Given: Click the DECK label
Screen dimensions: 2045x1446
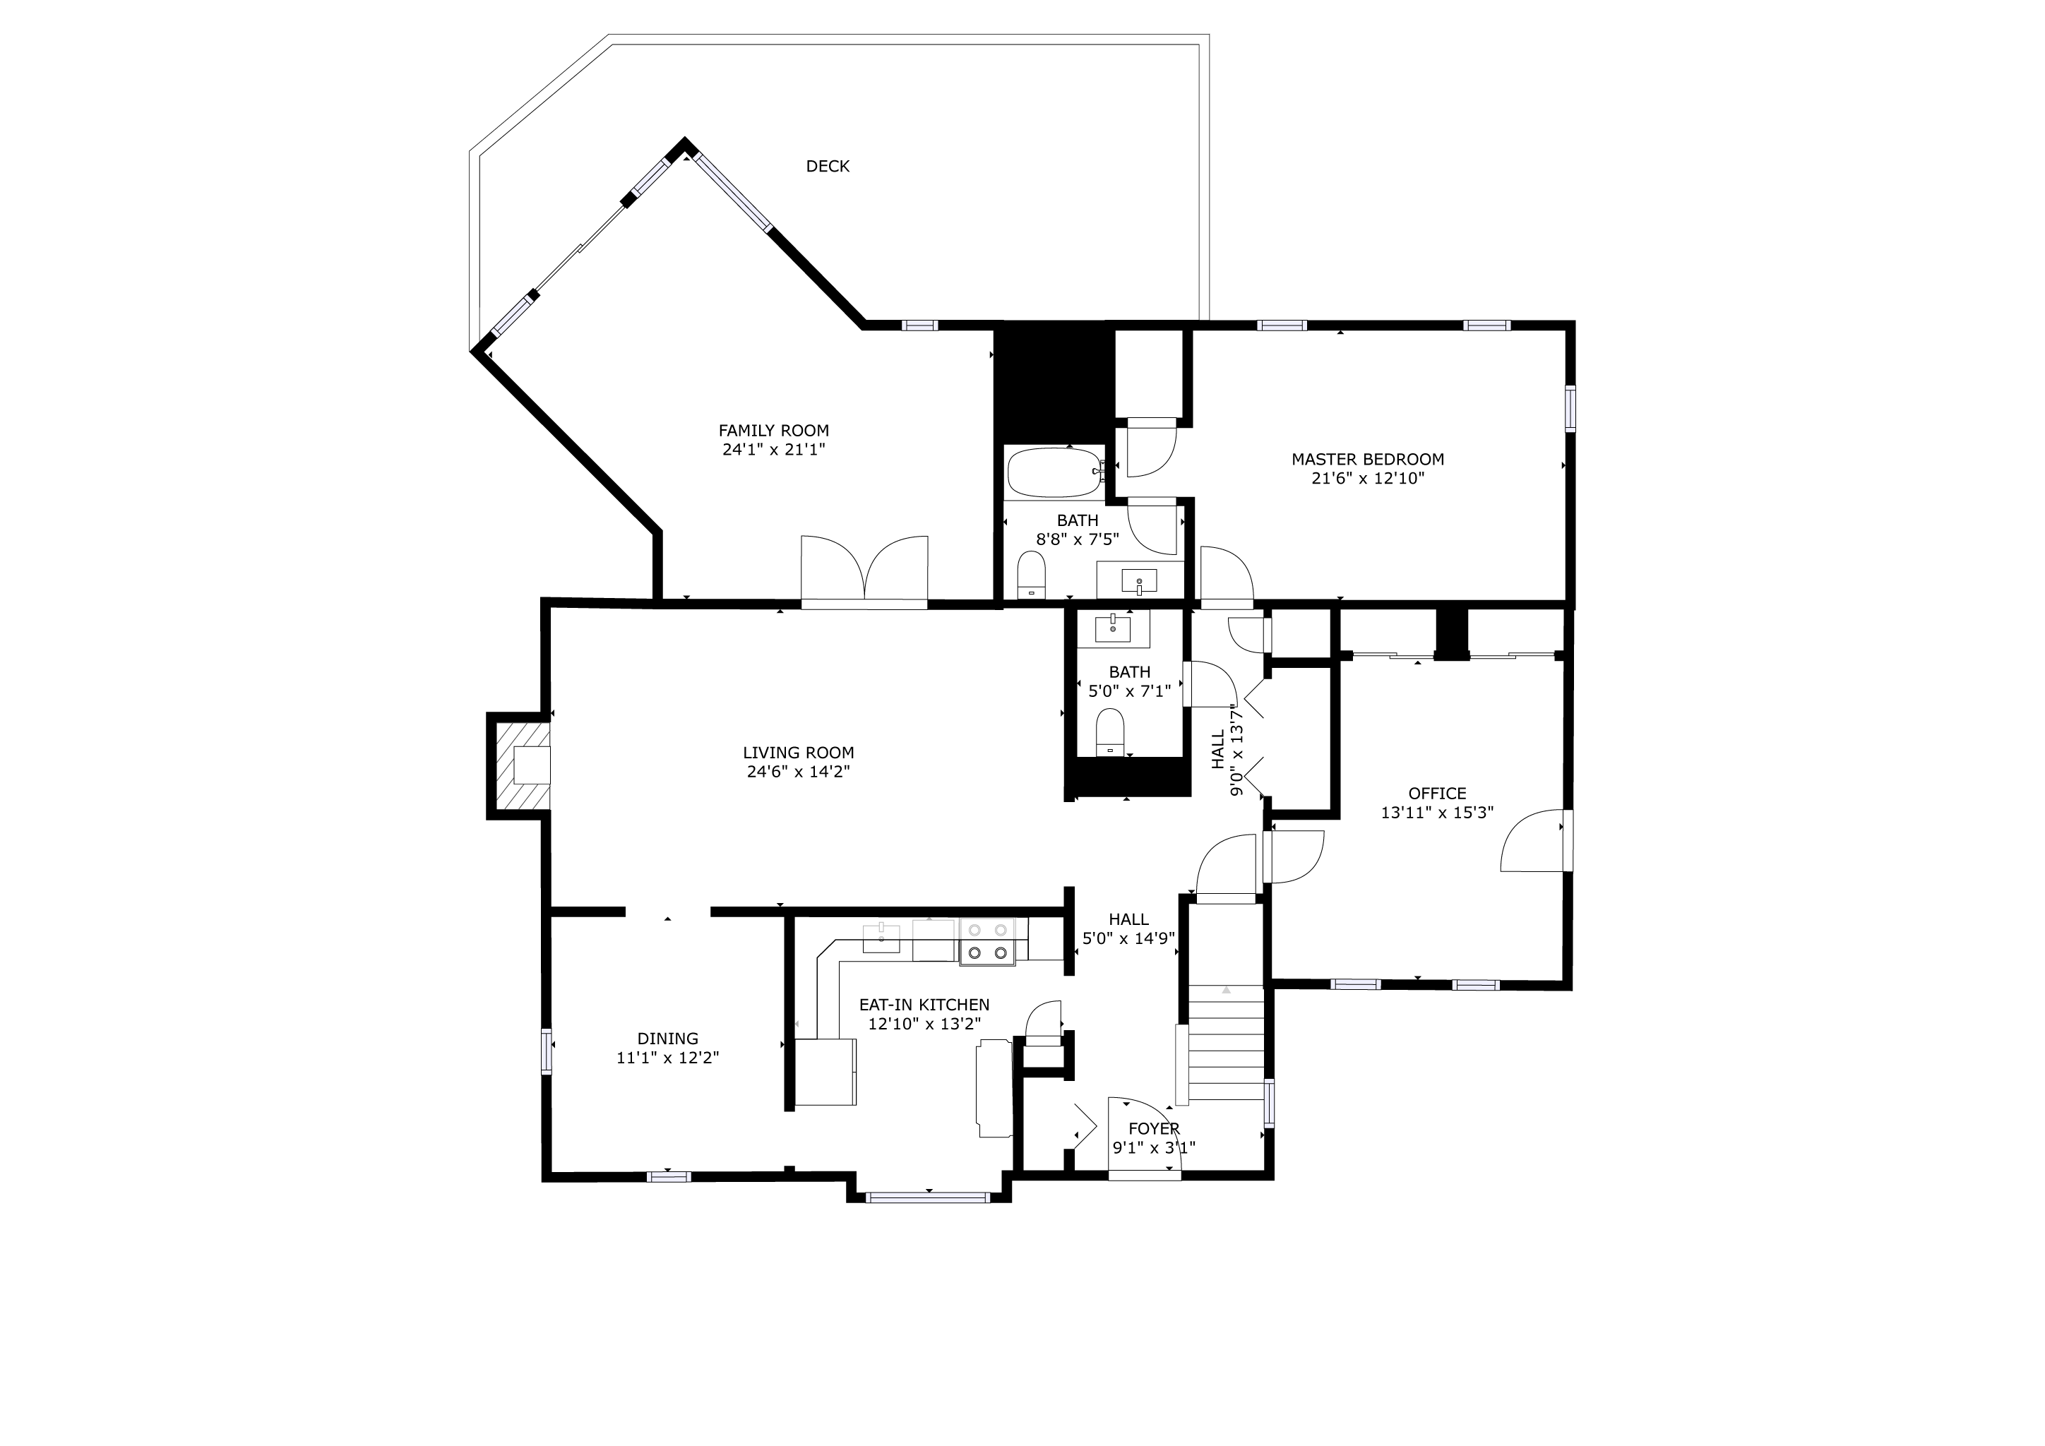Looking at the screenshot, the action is pos(828,167).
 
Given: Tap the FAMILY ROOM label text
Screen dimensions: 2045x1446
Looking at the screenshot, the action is pos(774,431).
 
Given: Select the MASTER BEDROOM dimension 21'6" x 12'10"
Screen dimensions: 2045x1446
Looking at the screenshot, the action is pos(1368,479).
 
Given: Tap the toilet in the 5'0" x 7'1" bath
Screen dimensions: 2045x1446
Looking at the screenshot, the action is pos(1110,732).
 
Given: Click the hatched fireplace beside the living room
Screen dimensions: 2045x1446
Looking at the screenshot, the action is pos(522,766).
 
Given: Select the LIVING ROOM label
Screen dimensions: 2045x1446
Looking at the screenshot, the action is pos(799,753).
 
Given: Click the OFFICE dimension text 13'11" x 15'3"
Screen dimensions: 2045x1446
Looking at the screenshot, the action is pos(1438,813).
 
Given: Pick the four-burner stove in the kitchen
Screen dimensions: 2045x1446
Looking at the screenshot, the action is pos(988,941).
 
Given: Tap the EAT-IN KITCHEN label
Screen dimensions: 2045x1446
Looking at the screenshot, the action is pos(924,1005).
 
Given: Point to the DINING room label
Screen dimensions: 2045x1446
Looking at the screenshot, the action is pos(668,1039).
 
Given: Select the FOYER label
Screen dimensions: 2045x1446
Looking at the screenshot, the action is pos(1155,1129).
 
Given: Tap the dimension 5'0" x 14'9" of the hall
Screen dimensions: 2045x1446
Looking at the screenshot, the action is pos(1129,938).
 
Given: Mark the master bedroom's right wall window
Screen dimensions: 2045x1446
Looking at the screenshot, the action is pos(1570,409).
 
